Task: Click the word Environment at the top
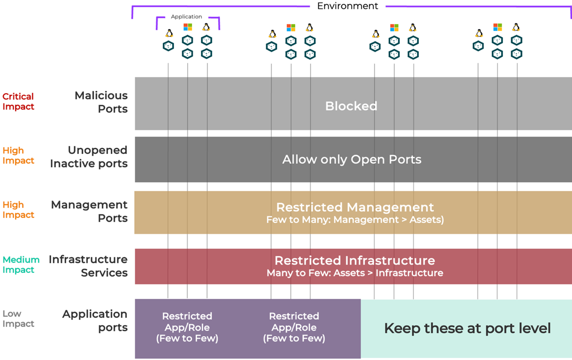click(347, 6)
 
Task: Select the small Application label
click(186, 17)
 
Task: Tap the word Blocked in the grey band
click(351, 106)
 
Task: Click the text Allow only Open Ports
click(351, 159)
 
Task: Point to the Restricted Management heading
click(355, 207)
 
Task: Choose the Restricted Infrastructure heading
click(355, 260)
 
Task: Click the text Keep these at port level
click(467, 328)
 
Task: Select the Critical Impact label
click(18, 101)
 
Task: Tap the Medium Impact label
click(21, 265)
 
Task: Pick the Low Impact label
click(18, 319)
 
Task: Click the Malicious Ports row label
click(101, 102)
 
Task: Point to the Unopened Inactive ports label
click(89, 157)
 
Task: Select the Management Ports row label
click(89, 211)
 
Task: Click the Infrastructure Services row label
click(88, 266)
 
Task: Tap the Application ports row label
click(95, 320)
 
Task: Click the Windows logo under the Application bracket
click(188, 27)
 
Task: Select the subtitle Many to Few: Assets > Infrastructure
click(355, 273)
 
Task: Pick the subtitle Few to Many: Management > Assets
click(355, 220)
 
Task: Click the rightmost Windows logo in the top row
click(498, 27)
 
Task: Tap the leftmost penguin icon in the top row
click(169, 33)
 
